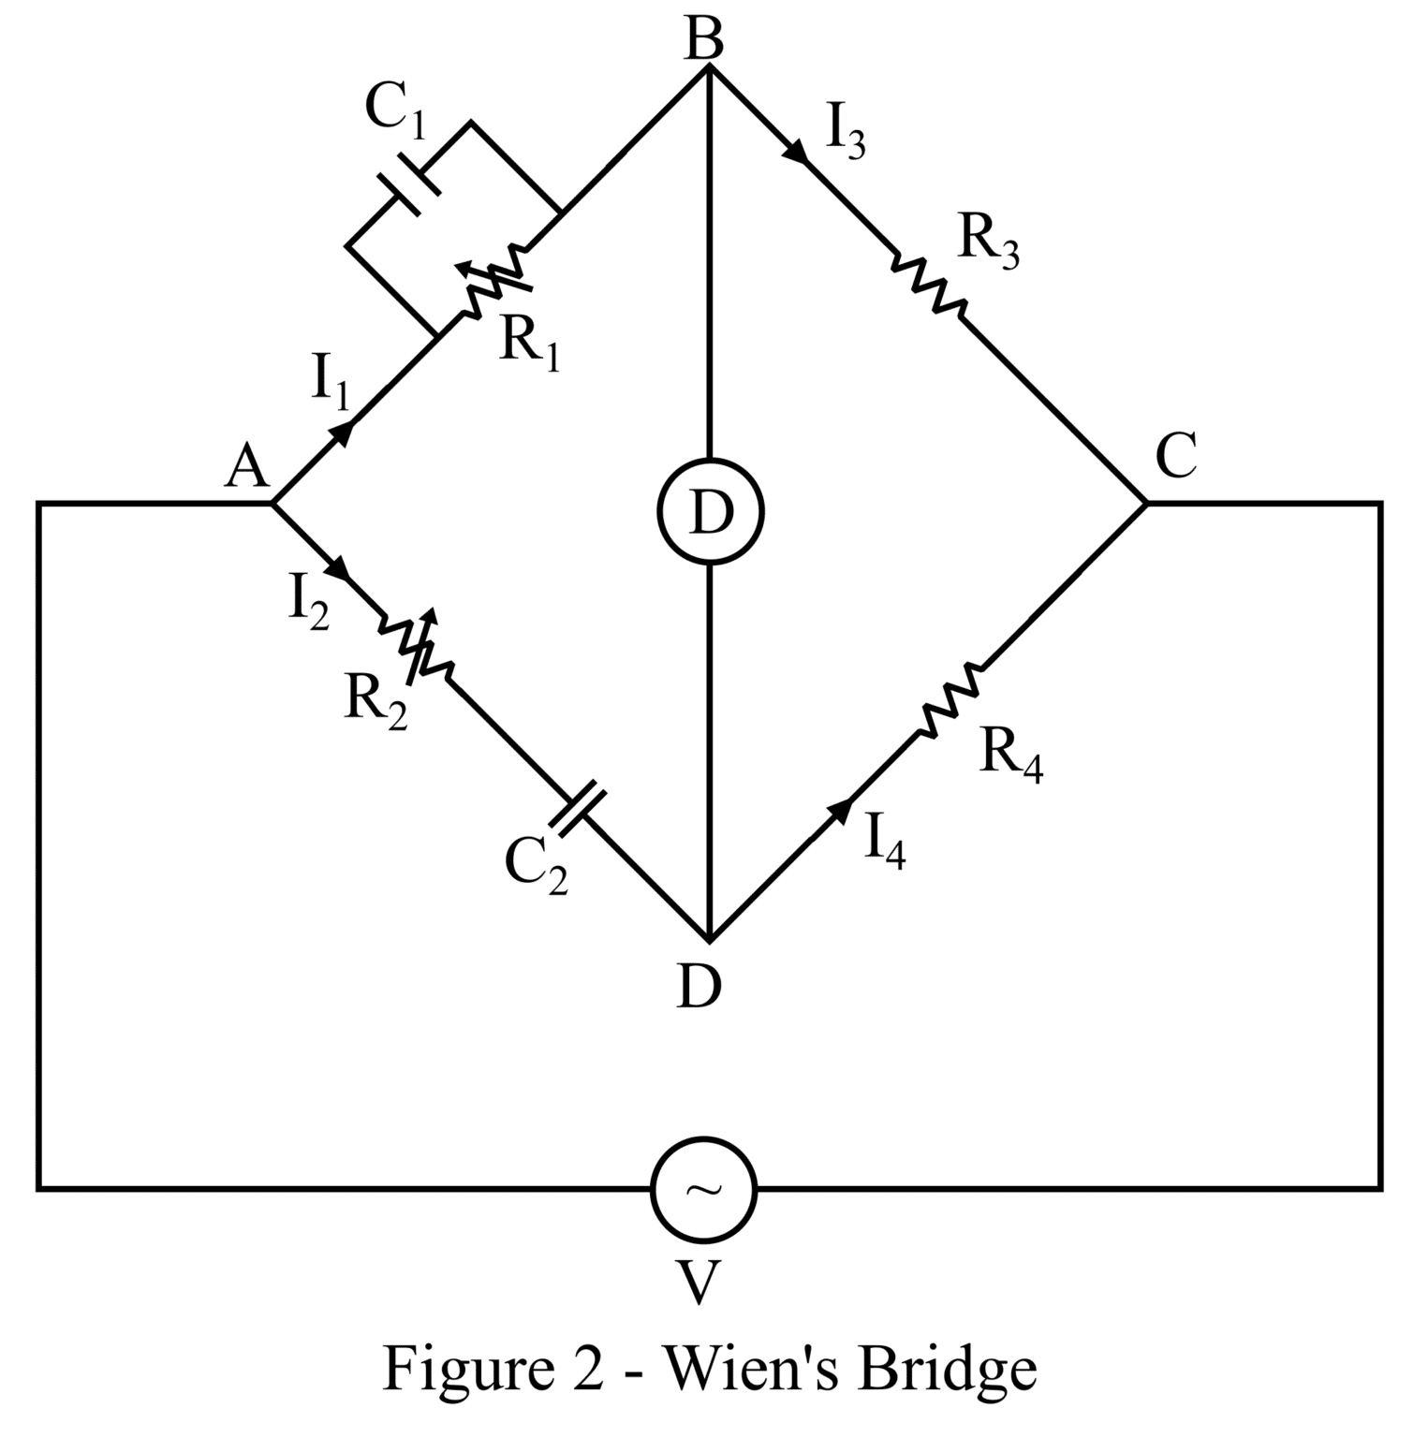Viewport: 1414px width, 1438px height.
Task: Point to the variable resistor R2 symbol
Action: [x=416, y=645]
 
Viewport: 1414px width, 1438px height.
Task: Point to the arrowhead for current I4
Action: [x=840, y=811]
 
